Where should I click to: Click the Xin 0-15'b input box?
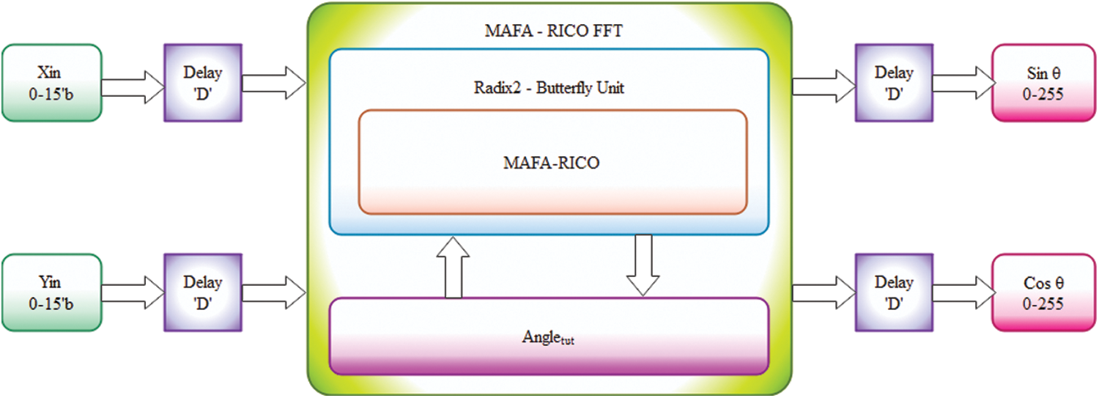51,82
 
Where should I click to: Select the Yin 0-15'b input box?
51,292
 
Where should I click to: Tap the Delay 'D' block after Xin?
202,82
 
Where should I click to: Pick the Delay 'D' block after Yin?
202,292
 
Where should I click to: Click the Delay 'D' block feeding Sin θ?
894,82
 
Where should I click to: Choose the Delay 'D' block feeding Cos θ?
894,292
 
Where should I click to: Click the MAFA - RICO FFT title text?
549,32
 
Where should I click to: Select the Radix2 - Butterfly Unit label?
549,88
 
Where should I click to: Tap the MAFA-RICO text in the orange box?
551,163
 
